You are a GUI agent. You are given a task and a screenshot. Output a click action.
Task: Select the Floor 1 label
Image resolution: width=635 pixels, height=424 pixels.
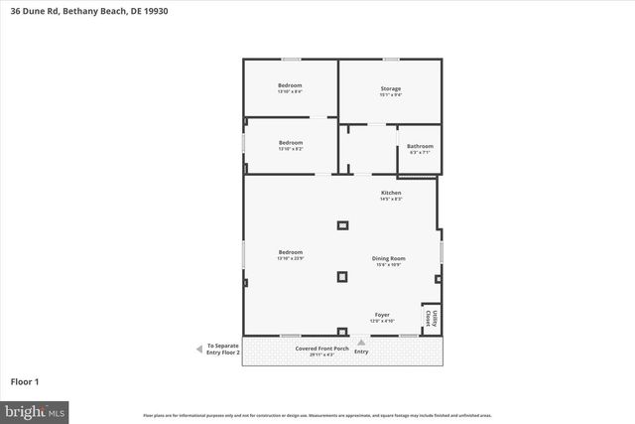[25, 381]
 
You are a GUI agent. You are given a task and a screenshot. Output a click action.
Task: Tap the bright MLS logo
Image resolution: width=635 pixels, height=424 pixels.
[35, 410]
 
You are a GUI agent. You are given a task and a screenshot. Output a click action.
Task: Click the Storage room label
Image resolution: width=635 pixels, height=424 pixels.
[390, 88]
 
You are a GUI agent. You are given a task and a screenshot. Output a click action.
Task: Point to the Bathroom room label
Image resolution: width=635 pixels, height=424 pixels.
[420, 146]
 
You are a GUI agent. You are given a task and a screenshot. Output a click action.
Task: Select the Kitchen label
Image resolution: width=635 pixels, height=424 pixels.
[391, 192]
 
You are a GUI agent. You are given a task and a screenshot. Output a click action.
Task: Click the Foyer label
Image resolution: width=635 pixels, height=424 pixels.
[382, 315]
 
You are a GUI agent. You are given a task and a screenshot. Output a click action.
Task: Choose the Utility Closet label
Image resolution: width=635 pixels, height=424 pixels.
[430, 318]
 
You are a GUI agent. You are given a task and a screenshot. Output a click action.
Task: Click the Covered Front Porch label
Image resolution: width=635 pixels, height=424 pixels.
[319, 349]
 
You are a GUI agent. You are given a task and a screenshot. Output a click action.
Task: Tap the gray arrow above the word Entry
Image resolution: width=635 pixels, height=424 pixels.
[361, 342]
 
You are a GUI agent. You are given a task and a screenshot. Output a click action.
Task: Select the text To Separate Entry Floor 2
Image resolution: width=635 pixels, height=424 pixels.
[223, 349]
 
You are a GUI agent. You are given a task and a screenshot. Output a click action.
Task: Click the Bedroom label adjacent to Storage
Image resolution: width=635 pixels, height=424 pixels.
[290, 84]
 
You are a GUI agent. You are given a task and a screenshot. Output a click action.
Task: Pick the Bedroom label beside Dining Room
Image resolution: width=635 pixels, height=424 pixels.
[290, 252]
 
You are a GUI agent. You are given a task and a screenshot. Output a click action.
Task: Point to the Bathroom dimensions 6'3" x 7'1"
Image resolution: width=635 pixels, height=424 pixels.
[420, 153]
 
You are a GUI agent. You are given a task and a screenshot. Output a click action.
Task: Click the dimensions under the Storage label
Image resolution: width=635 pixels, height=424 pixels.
[390, 95]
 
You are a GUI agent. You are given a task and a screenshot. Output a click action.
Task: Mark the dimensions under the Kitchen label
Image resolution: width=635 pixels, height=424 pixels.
[391, 199]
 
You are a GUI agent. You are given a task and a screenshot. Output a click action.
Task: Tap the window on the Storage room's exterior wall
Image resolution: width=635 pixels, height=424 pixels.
[390, 60]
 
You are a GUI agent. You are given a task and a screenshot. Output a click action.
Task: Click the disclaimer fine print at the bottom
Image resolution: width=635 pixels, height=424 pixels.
[317, 415]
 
